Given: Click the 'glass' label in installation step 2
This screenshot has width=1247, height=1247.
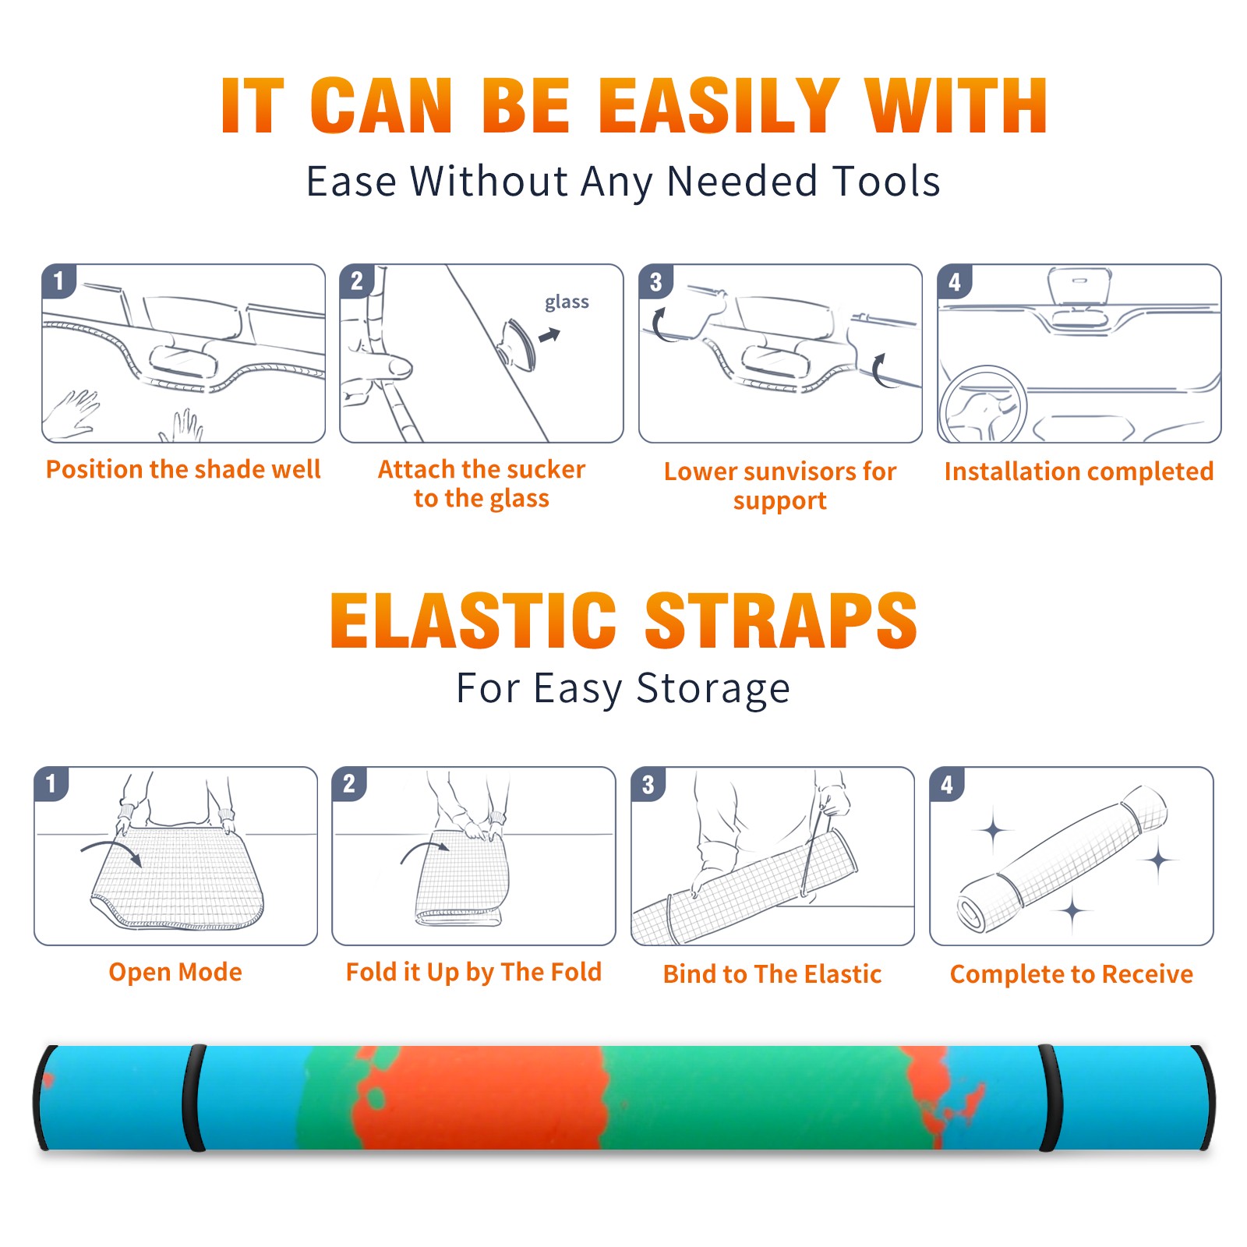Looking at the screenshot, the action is pyautogui.click(x=567, y=302).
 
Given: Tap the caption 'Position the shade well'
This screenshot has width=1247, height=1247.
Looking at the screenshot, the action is pyautogui.click(x=183, y=469).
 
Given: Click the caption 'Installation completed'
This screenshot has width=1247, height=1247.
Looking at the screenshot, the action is pyautogui.click(x=1079, y=472).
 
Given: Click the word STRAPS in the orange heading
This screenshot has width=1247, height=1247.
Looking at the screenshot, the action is pyautogui.click(x=781, y=620).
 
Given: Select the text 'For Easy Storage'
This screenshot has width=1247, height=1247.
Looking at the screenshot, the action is pyautogui.click(x=623, y=688).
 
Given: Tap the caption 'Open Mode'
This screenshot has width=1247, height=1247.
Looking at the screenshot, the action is pyautogui.click(x=175, y=972).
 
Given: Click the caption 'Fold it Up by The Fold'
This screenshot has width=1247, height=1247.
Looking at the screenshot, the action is pyautogui.click(x=474, y=973).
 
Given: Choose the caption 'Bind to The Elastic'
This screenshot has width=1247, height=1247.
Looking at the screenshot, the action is pyautogui.click(x=772, y=974).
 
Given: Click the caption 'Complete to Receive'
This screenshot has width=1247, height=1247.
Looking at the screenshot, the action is pyautogui.click(x=1072, y=974).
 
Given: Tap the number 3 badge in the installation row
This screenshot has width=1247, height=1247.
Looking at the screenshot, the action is pyautogui.click(x=655, y=282).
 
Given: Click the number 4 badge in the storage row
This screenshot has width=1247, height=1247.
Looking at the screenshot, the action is pyautogui.click(x=947, y=784).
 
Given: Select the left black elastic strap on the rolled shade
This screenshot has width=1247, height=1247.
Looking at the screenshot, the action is pyautogui.click(x=194, y=1097).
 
